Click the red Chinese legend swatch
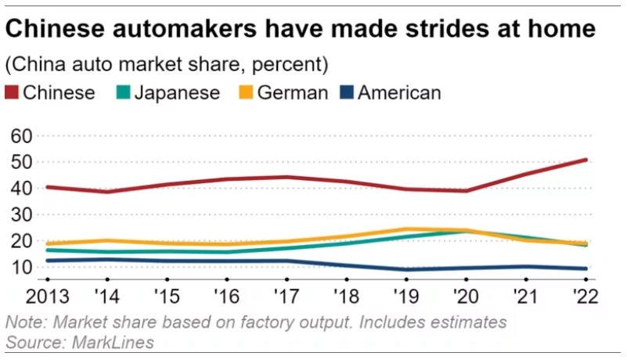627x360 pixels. [x=13, y=92]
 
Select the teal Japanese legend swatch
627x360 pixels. [x=123, y=92]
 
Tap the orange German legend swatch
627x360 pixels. [x=244, y=92]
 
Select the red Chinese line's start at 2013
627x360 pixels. [x=47, y=187]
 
